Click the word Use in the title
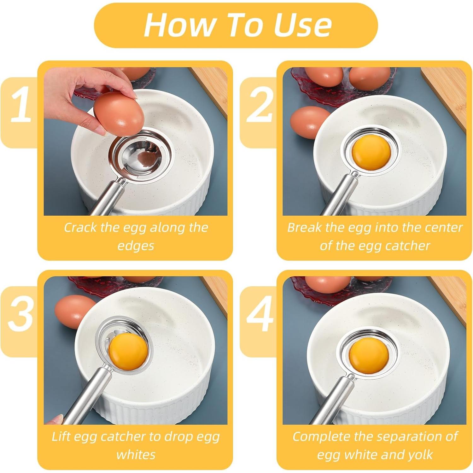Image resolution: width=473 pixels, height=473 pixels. click(303, 25)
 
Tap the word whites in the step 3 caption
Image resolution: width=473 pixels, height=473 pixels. click(136, 455)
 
